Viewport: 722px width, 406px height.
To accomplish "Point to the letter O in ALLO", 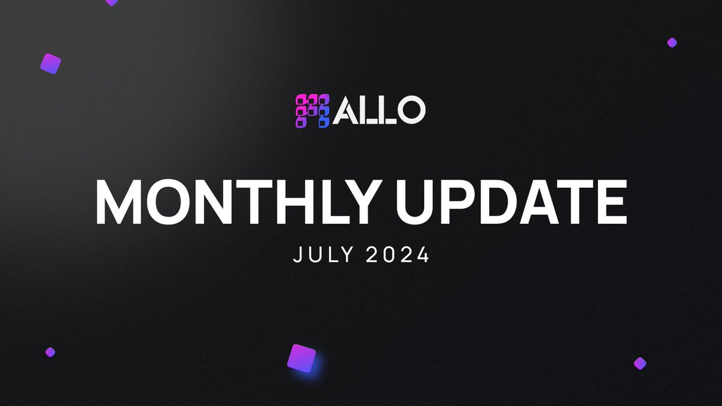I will pyautogui.click(x=412, y=110).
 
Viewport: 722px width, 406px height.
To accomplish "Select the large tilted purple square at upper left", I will pyautogui.click(x=51, y=64).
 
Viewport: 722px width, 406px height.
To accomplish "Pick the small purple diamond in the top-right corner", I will pyautogui.click(x=672, y=43).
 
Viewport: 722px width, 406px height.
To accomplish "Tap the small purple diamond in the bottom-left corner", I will pyautogui.click(x=50, y=352).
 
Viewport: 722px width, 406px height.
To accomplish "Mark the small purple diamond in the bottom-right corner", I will pyautogui.click(x=640, y=363).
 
